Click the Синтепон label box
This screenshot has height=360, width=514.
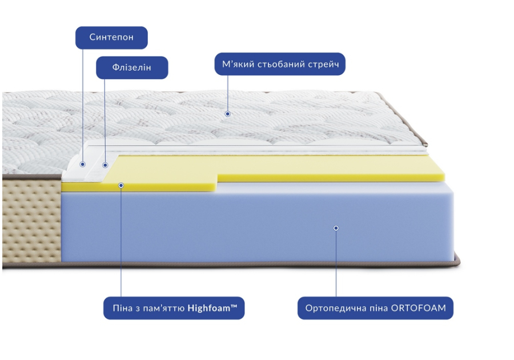(x=111, y=38)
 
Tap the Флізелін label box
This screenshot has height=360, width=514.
(x=132, y=67)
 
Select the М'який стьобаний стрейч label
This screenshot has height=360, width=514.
(x=280, y=64)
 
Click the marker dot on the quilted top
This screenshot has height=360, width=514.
(x=227, y=114)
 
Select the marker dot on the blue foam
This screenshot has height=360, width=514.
(x=336, y=228)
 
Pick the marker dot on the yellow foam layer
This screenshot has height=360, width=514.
(x=121, y=186)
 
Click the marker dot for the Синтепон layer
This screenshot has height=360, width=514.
(x=83, y=164)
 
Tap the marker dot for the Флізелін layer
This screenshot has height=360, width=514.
(x=105, y=165)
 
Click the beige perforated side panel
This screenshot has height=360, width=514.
(x=31, y=221)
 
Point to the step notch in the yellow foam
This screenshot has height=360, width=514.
(x=217, y=182)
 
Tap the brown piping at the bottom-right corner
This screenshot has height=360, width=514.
(x=457, y=261)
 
